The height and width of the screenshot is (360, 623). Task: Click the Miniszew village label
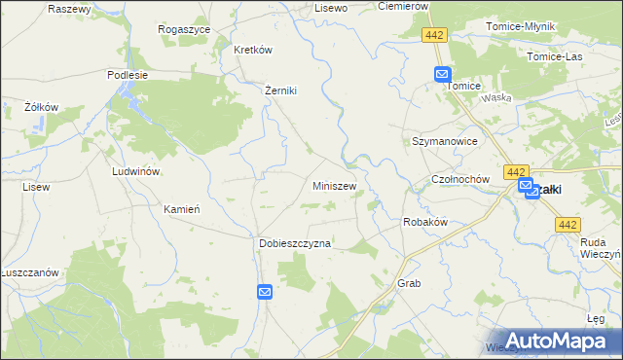(x=334, y=185)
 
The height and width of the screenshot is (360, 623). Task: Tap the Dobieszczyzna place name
(x=295, y=243)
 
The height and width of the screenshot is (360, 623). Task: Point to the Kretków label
(x=252, y=50)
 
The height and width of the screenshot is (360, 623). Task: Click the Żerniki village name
(x=280, y=90)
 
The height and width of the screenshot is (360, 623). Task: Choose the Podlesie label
(x=128, y=74)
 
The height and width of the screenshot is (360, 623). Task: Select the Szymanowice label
(x=444, y=141)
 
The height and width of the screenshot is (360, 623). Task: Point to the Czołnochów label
(x=459, y=181)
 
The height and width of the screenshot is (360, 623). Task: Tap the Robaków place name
(x=424, y=222)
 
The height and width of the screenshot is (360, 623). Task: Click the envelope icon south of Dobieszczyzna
(x=265, y=291)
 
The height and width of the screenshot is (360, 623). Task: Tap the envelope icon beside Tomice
(x=442, y=73)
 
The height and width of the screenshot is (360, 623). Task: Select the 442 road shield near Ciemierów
(x=435, y=35)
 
